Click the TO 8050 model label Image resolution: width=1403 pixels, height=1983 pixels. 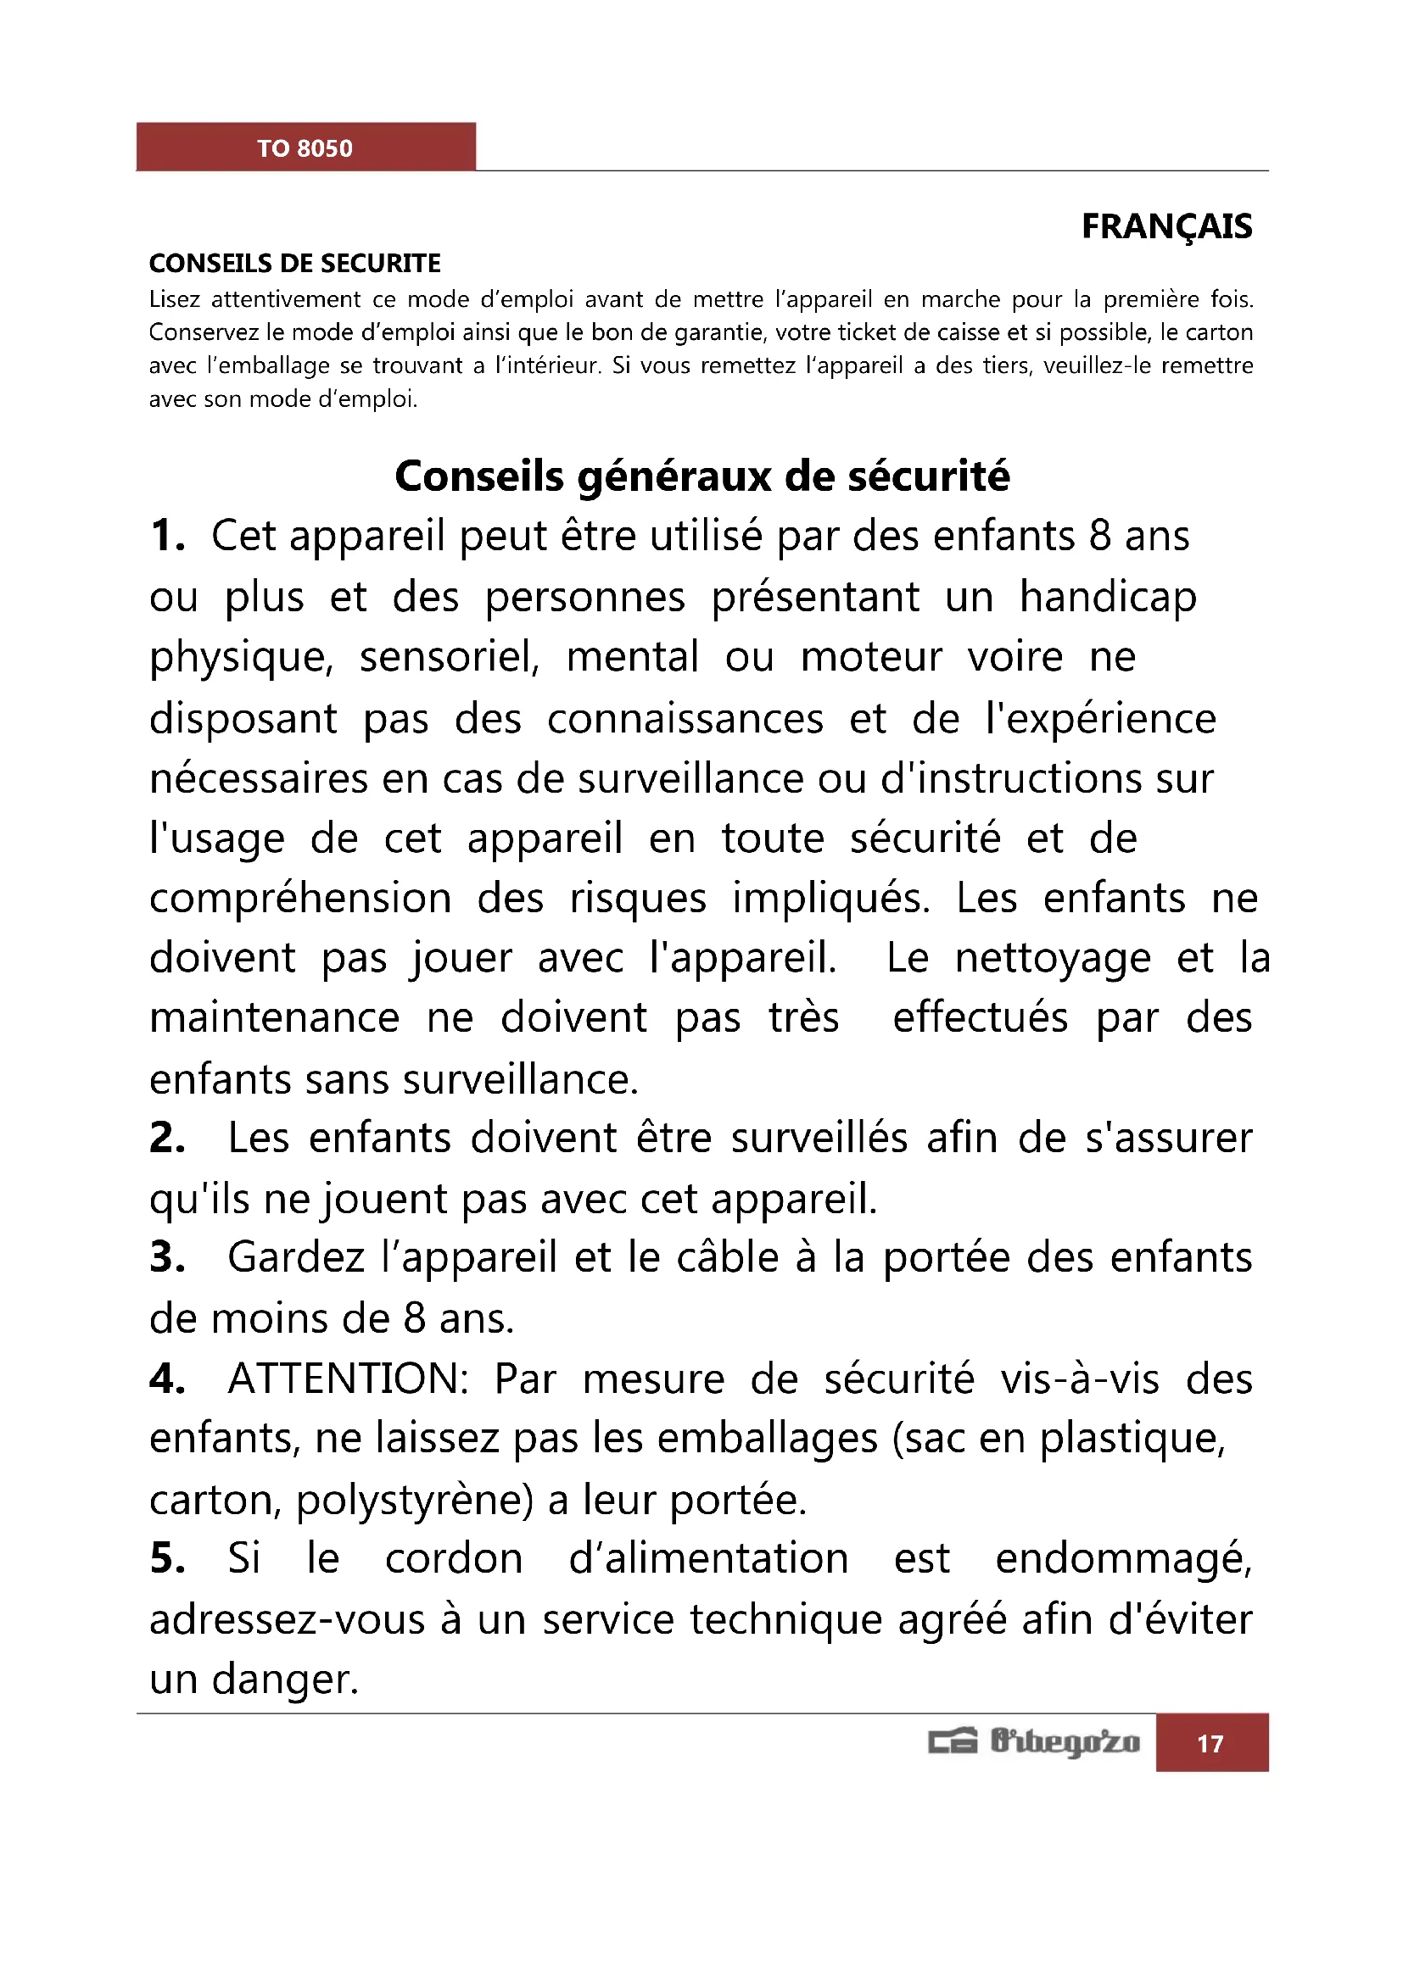pyautogui.click(x=305, y=148)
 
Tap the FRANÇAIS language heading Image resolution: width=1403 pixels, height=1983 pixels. pyautogui.click(x=1166, y=226)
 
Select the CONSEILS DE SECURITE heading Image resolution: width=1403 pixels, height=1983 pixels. pyautogui.click(x=294, y=263)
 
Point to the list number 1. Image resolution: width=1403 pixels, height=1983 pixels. pyautogui.click(x=167, y=536)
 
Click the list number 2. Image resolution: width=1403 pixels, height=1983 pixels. pyautogui.click(x=167, y=1138)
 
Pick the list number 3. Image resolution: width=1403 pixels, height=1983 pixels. pyautogui.click(x=167, y=1257)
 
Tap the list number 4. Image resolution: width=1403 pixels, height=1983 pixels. pyautogui.click(x=167, y=1379)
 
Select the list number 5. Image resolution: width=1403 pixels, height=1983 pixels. pyautogui.click(x=167, y=1559)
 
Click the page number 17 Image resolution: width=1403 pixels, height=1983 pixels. pyautogui.click(x=1210, y=1744)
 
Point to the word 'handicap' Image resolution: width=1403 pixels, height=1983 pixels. pyautogui.click(x=1109, y=597)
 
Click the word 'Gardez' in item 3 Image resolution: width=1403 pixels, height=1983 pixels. pyautogui.click(x=296, y=1257)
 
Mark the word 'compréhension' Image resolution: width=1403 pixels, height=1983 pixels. pyautogui.click(x=300, y=898)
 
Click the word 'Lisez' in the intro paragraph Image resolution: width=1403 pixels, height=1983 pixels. pyautogui.click(x=175, y=298)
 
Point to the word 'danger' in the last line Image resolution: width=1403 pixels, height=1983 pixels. pyautogui.click(x=284, y=1679)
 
